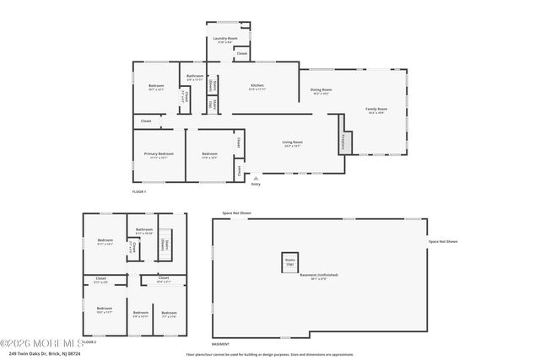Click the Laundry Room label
coord(223,39)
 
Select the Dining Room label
coord(321,90)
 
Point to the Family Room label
coord(375,110)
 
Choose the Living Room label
coord(293,143)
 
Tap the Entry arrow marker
coord(256,178)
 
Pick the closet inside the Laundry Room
coord(241,54)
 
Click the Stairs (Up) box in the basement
coord(290,262)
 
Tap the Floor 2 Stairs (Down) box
coord(165,244)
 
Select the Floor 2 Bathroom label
coord(144,231)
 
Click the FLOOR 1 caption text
coord(139,192)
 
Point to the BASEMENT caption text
coord(220,344)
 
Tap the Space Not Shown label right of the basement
coord(443,242)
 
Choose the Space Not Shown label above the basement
coord(236,213)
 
